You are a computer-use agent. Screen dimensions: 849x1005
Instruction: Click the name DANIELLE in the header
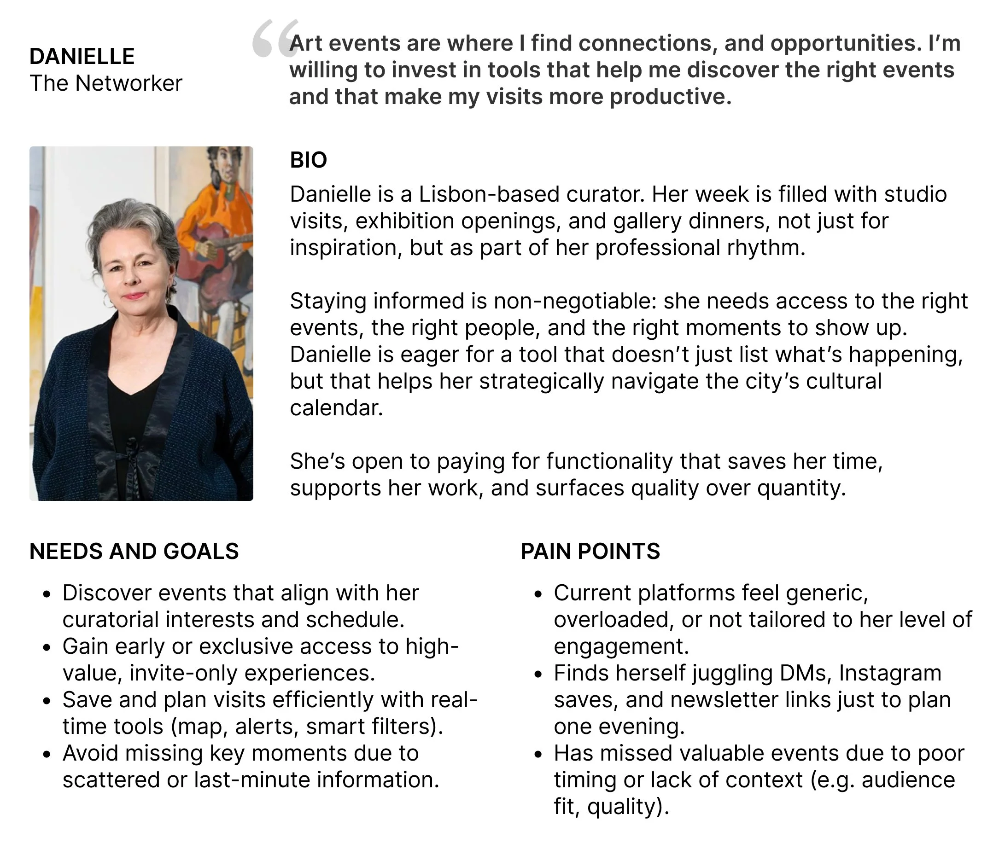pyautogui.click(x=82, y=57)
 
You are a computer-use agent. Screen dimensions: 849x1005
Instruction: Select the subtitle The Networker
pyautogui.click(x=106, y=83)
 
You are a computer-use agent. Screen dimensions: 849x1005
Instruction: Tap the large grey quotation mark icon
pyautogui.click(x=275, y=39)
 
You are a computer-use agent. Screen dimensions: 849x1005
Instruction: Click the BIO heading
pyautogui.click(x=308, y=160)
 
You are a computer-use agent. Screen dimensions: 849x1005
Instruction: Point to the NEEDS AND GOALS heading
pyautogui.click(x=134, y=552)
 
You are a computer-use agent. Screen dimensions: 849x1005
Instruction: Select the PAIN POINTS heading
pyautogui.click(x=590, y=552)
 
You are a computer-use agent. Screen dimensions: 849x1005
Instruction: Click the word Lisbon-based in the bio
pyautogui.click(x=489, y=195)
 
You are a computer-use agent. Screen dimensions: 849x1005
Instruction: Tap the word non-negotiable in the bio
pyautogui.click(x=575, y=302)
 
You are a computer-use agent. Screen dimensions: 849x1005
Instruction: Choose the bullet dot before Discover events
pyautogui.click(x=47, y=594)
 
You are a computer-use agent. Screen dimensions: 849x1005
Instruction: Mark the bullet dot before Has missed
pyautogui.click(x=538, y=755)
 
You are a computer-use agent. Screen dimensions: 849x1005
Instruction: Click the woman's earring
pyautogui.click(x=107, y=301)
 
